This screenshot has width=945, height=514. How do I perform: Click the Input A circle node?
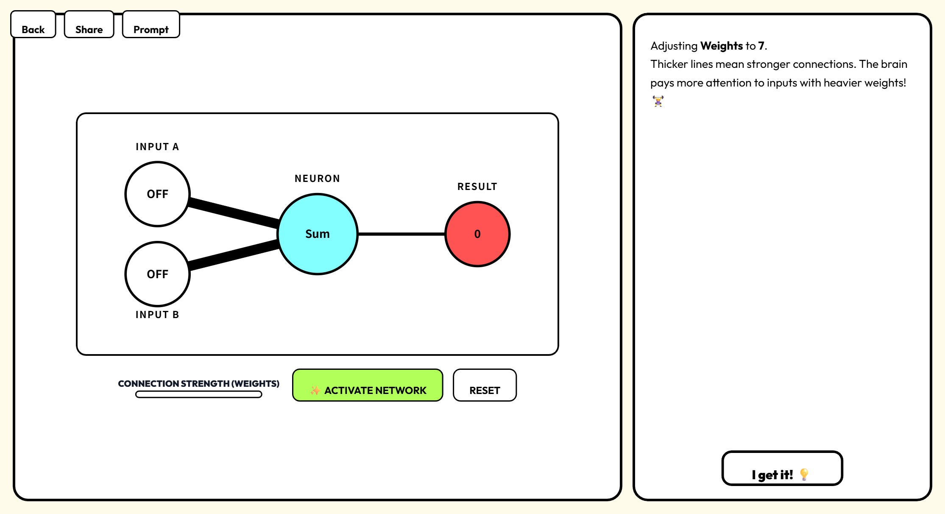tap(157, 194)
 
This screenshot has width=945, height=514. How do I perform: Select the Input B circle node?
tap(157, 274)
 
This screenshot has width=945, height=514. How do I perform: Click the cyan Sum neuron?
tap(318, 234)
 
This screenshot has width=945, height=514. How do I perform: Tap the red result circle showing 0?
tap(477, 234)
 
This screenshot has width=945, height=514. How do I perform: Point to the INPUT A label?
tap(157, 147)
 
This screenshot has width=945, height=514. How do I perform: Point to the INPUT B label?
tap(157, 315)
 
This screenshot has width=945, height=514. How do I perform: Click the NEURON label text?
tap(318, 179)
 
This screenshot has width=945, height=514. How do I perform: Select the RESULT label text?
tap(477, 187)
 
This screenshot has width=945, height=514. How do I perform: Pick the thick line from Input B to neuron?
tap(233, 255)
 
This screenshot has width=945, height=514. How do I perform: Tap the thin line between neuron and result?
tap(401, 234)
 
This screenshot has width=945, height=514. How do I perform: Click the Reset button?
tap(485, 385)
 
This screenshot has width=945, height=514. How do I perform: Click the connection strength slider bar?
tap(198, 394)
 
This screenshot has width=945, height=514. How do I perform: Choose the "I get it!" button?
tap(782, 469)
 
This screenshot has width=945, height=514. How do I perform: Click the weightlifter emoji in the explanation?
tap(658, 101)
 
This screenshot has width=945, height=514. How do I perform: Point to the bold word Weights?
tap(722, 46)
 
